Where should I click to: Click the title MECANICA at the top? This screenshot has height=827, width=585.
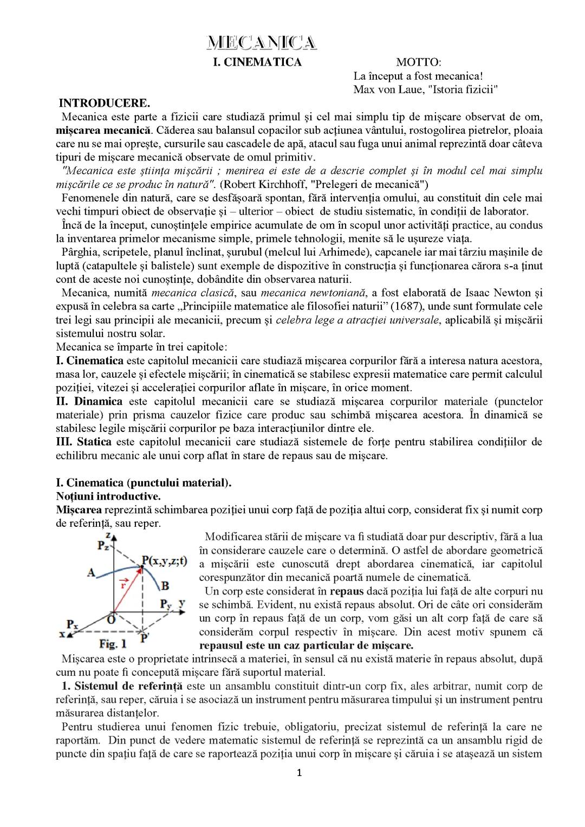[262, 43]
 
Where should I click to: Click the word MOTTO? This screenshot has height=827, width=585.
[418, 62]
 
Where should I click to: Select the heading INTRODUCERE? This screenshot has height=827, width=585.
[104, 103]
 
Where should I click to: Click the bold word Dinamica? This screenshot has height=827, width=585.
[98, 402]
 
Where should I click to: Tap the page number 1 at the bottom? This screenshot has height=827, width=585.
[299, 773]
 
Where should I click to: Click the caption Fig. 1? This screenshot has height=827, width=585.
[113, 644]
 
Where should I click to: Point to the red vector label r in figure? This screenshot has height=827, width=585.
[123, 584]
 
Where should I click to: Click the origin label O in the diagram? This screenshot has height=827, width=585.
[111, 619]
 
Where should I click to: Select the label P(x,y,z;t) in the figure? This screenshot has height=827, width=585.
[164, 561]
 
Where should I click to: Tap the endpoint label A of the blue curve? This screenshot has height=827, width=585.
[91, 572]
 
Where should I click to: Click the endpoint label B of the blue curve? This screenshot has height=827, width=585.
[165, 585]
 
